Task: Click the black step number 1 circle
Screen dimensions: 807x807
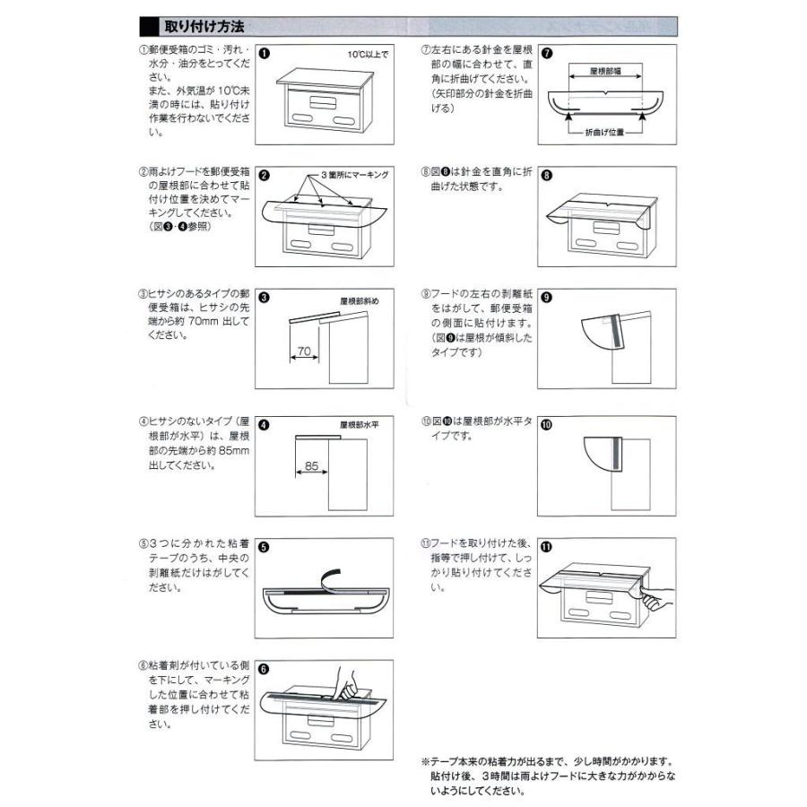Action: (265, 53)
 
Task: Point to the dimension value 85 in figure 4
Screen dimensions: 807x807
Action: (311, 465)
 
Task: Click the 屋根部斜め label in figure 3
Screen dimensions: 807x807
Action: (360, 301)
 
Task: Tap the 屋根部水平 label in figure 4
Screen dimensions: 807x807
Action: (360, 424)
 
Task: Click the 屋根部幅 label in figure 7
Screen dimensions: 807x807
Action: (607, 69)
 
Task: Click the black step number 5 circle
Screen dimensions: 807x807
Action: (265, 546)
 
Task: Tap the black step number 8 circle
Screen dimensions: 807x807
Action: (547, 176)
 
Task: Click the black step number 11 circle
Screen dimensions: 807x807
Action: (547, 546)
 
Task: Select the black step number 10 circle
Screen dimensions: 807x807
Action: (547, 424)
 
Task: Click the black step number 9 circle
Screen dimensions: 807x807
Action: (547, 299)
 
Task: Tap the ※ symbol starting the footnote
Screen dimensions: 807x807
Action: (425, 759)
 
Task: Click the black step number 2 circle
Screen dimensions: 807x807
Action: (265, 176)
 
